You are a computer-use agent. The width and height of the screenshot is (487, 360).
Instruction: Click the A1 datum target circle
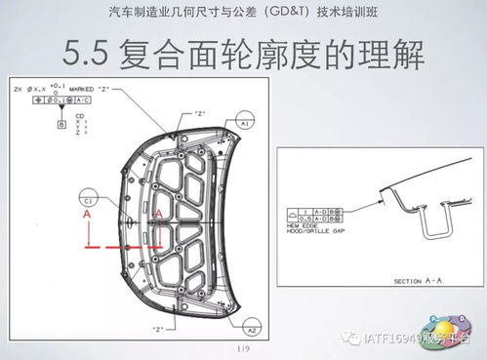[245, 125]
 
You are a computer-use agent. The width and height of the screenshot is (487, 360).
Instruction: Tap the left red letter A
[88, 212]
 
